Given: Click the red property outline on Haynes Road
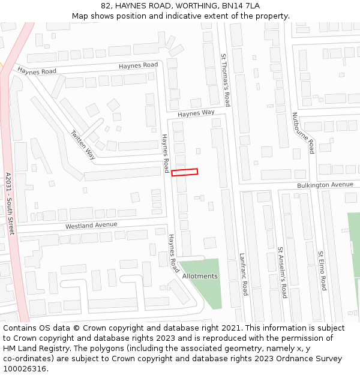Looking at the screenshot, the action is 185,172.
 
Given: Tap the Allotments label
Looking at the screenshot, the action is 200,276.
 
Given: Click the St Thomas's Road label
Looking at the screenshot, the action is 226,79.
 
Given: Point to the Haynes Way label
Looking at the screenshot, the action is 196,113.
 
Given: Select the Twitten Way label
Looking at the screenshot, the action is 83,145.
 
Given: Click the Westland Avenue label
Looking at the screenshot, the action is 91,226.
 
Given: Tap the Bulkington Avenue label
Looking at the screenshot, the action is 325,185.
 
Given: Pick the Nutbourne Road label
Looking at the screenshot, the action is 303,133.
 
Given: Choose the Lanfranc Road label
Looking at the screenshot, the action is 244,274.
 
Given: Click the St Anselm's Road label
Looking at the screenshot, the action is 281,272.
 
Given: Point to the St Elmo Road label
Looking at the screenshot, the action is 322,271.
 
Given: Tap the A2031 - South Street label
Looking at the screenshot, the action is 9,204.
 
